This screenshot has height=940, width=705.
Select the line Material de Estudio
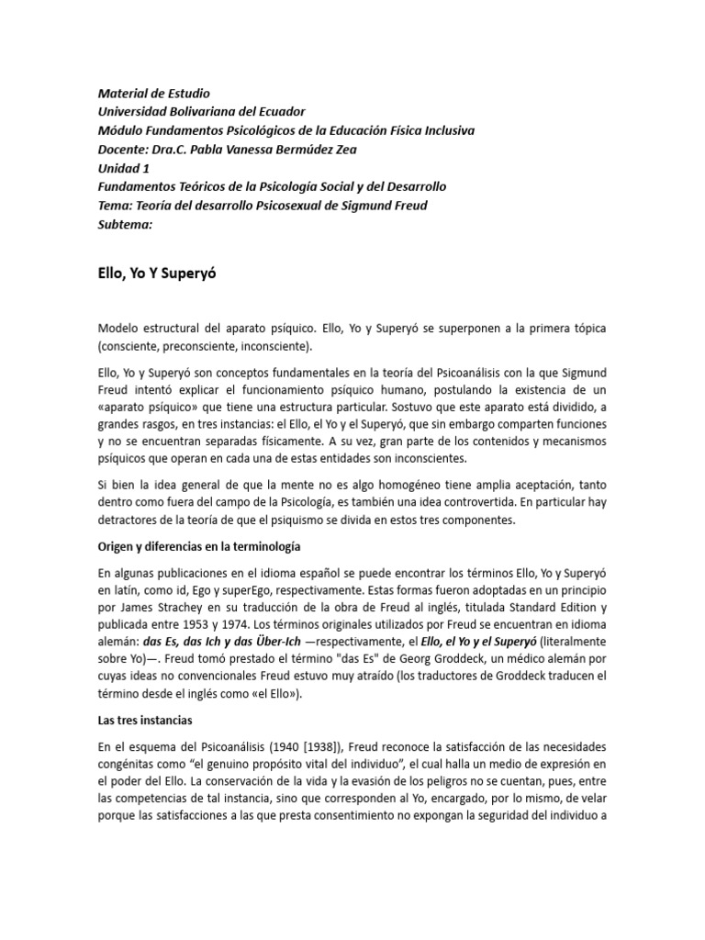153,94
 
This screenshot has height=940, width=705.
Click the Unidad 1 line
123,167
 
